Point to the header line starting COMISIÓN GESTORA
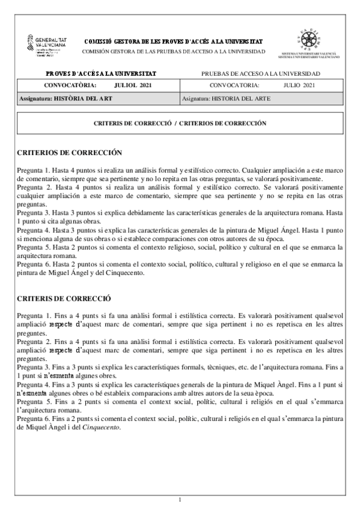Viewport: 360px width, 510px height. (172, 52)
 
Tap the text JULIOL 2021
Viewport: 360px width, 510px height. (133, 85)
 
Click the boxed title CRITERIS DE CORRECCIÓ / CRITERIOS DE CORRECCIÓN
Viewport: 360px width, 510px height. (180, 123)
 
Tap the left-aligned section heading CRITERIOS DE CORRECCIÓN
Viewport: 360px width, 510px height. (69, 153)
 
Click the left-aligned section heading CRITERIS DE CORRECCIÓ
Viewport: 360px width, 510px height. (64, 298)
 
